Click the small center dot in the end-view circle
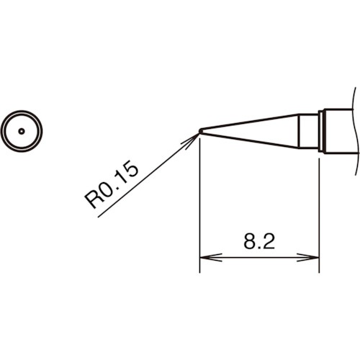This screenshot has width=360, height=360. (22, 131)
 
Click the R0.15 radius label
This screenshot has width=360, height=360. (113, 186)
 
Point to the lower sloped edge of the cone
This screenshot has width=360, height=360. (252, 140)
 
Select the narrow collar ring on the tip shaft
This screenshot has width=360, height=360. (323, 130)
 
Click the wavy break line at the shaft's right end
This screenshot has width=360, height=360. (355, 130)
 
